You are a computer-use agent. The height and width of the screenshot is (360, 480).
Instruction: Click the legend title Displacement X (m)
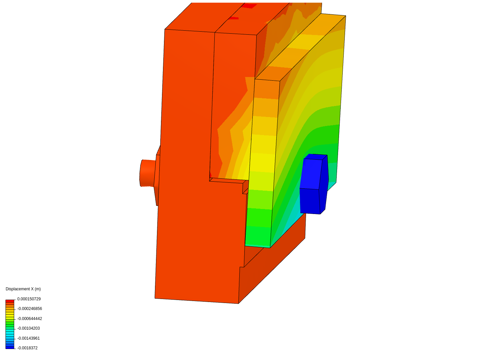[x=23, y=289]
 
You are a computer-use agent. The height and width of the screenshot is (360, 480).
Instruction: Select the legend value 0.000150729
[x=29, y=299]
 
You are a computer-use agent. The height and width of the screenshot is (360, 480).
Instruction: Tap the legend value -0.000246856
[x=30, y=309]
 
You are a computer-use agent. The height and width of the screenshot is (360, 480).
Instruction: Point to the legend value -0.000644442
[x=30, y=319]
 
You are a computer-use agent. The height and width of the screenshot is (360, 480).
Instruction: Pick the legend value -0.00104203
[x=29, y=328]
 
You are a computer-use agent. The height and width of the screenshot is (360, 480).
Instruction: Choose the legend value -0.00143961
[x=29, y=338]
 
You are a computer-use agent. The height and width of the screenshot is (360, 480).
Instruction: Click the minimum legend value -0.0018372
[x=28, y=348]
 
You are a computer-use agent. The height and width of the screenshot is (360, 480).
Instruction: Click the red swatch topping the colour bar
[x=10, y=301]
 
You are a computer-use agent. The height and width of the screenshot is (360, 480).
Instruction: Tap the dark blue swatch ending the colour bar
[x=10, y=347]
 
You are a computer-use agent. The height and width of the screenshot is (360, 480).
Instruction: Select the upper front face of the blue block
[x=311, y=174]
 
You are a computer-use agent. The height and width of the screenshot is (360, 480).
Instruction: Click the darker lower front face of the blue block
[x=310, y=201]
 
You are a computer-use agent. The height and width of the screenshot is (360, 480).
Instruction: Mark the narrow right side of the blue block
[x=324, y=183]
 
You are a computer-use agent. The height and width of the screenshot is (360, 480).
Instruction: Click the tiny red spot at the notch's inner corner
[x=210, y=175]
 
